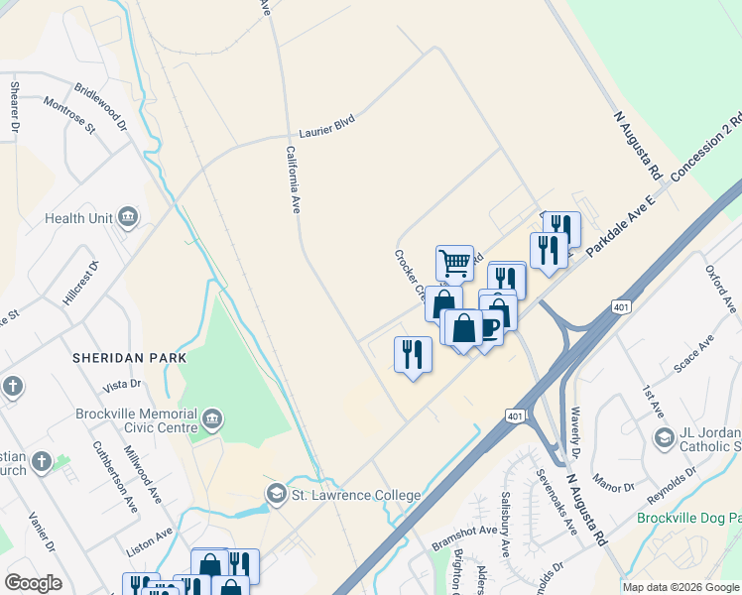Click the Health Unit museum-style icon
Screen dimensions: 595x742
click(127, 218)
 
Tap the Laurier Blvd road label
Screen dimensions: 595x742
click(326, 127)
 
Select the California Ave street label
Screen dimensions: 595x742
click(293, 180)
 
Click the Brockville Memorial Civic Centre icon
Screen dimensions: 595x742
click(210, 420)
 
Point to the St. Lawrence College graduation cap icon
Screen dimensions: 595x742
click(276, 494)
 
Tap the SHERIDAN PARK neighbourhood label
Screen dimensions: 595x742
click(118, 356)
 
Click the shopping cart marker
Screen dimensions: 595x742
click(454, 264)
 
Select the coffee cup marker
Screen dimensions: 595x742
click(488, 328)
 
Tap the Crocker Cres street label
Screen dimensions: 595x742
click(410, 274)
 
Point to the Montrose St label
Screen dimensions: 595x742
click(68, 114)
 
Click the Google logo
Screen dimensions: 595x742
click(34, 583)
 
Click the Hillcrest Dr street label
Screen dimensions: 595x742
click(80, 284)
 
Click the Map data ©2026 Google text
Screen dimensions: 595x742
click(680, 587)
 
